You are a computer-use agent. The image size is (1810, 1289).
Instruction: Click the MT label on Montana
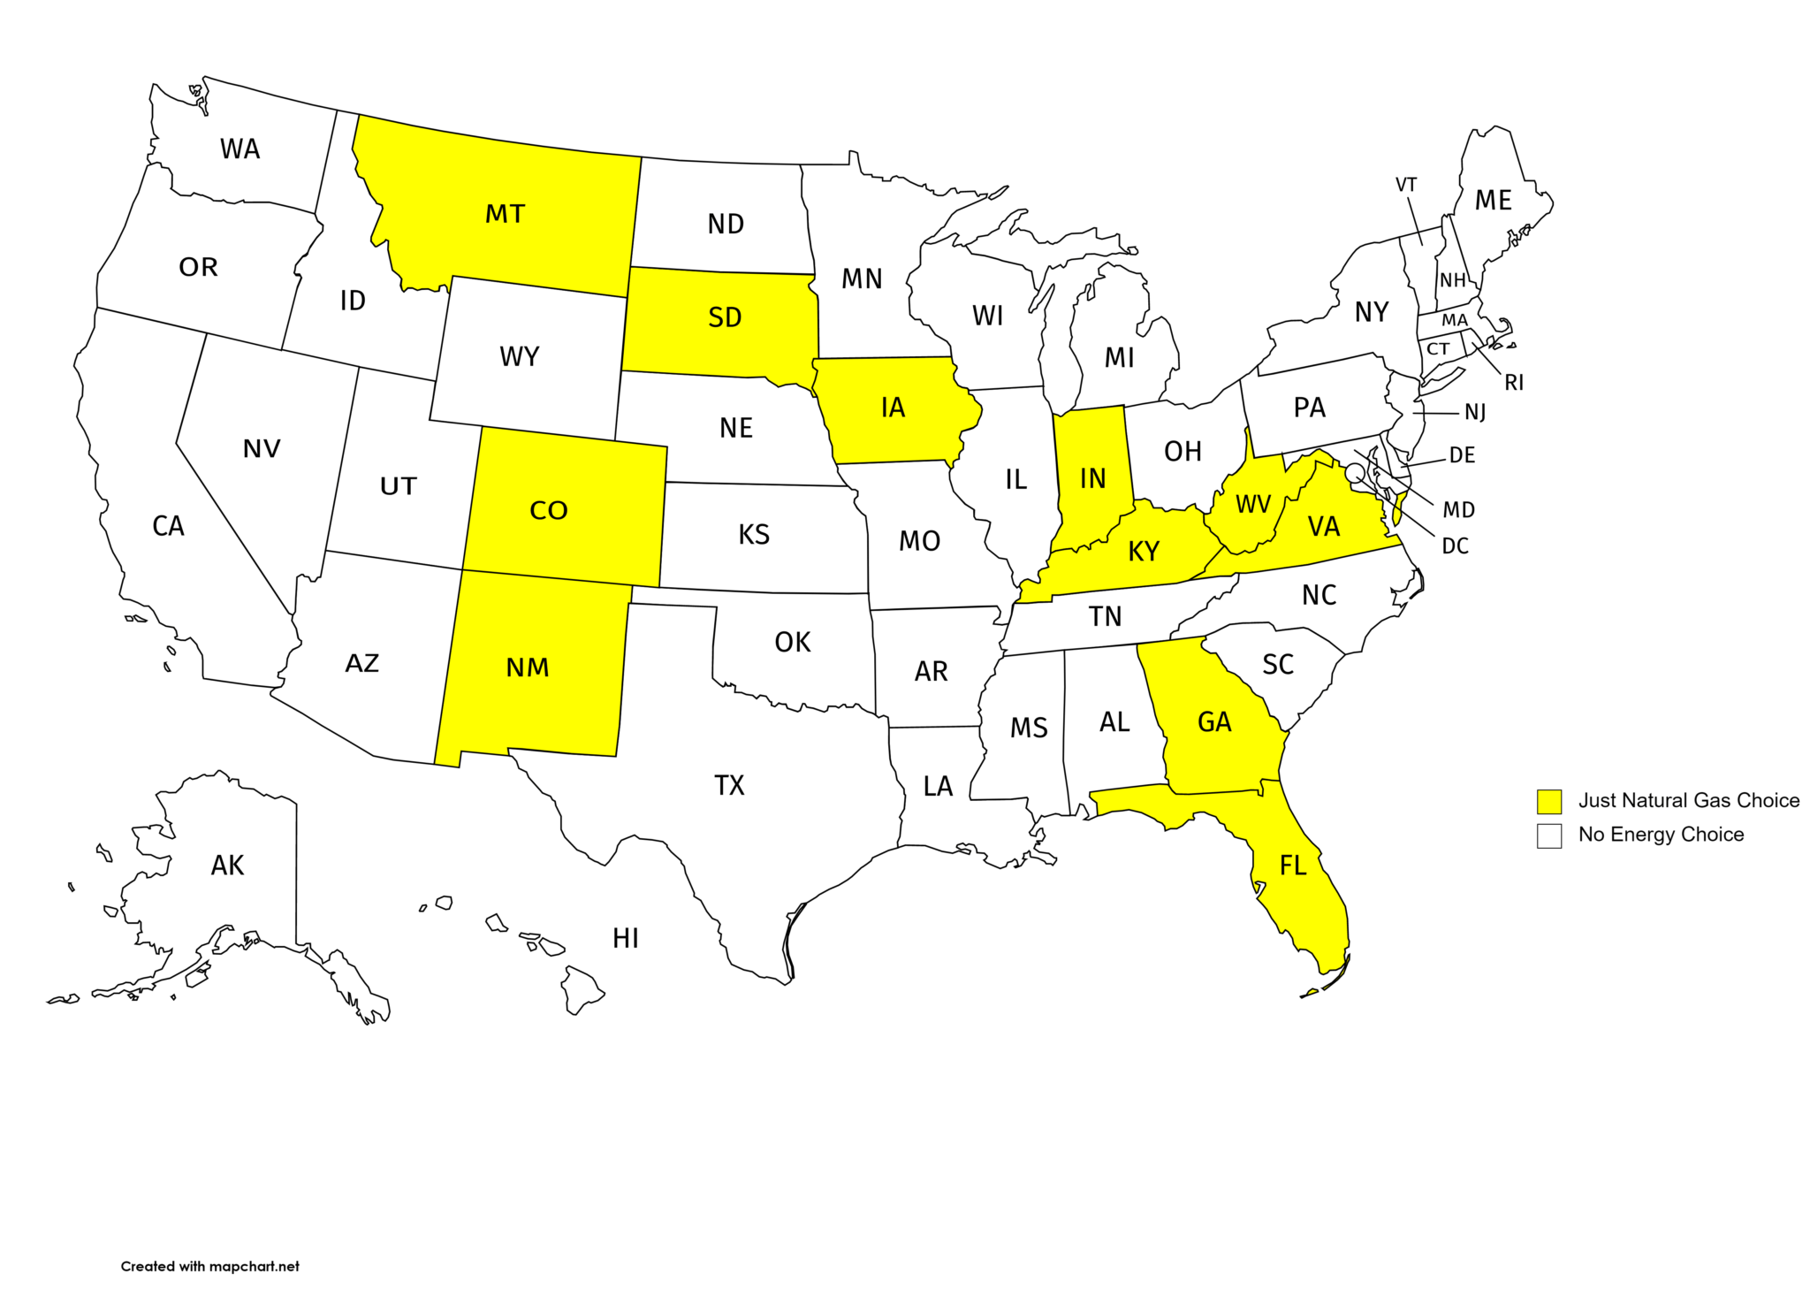click(505, 214)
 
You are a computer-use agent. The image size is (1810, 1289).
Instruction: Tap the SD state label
click(725, 317)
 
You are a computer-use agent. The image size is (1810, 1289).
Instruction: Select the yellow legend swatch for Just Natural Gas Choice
click(1548, 801)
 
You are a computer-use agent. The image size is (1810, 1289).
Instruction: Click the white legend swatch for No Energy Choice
click(1548, 835)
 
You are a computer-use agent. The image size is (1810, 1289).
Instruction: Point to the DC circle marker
click(1353, 472)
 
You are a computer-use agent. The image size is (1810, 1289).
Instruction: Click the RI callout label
click(1514, 383)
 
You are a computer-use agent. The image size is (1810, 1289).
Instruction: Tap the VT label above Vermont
click(1406, 185)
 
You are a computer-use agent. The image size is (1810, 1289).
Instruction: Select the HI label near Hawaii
click(626, 938)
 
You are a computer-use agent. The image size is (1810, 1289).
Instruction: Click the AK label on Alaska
click(227, 866)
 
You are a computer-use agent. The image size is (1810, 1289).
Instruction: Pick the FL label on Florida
click(1293, 866)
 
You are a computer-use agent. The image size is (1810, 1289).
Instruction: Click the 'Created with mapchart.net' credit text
click(210, 1266)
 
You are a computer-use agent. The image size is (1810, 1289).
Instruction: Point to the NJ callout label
click(1475, 413)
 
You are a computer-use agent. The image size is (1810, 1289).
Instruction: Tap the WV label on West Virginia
click(1253, 505)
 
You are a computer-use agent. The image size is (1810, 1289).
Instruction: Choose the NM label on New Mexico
click(528, 667)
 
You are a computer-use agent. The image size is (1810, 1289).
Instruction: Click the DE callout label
click(1463, 455)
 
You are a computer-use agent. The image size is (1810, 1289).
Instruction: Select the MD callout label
click(1458, 510)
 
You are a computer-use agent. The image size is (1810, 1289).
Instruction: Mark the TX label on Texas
click(729, 785)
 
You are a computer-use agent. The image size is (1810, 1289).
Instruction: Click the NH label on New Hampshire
click(1453, 280)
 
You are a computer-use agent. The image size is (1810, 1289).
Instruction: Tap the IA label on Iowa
click(893, 408)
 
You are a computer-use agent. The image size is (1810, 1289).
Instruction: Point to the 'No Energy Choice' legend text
click(1661, 835)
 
